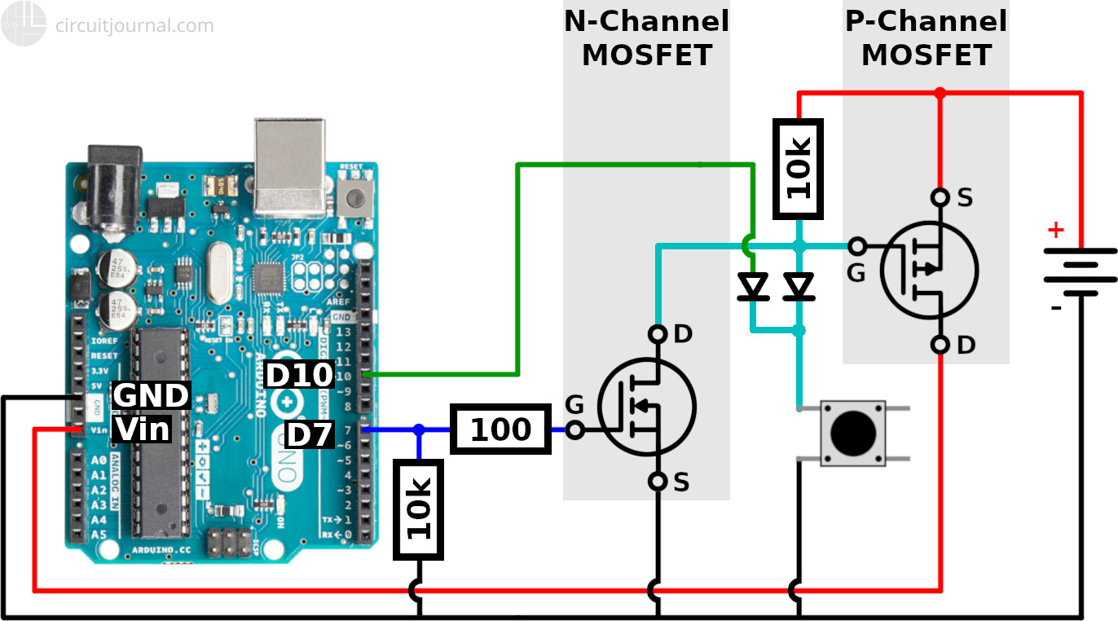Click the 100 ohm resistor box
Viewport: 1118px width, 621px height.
[x=500, y=429]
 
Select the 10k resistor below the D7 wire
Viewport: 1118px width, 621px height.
[x=418, y=509]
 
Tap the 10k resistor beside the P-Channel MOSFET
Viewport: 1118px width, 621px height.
[x=799, y=170]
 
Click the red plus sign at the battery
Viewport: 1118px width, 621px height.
[x=1055, y=231]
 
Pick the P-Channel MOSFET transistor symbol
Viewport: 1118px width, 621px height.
[x=929, y=271]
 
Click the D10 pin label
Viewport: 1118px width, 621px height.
[x=300, y=375]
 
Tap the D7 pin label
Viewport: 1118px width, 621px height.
[x=310, y=435]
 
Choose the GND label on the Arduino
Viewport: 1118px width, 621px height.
[x=151, y=395]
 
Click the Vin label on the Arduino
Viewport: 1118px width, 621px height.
[x=142, y=429]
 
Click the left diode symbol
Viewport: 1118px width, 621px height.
[x=753, y=287]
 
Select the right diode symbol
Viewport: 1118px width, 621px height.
[x=799, y=287]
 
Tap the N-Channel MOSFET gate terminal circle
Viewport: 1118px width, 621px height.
[x=574, y=430]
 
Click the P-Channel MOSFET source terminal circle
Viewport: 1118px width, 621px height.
[x=940, y=197]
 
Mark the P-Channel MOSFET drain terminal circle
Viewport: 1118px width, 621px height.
[x=940, y=346]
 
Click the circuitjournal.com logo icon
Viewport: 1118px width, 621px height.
[x=23, y=24]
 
